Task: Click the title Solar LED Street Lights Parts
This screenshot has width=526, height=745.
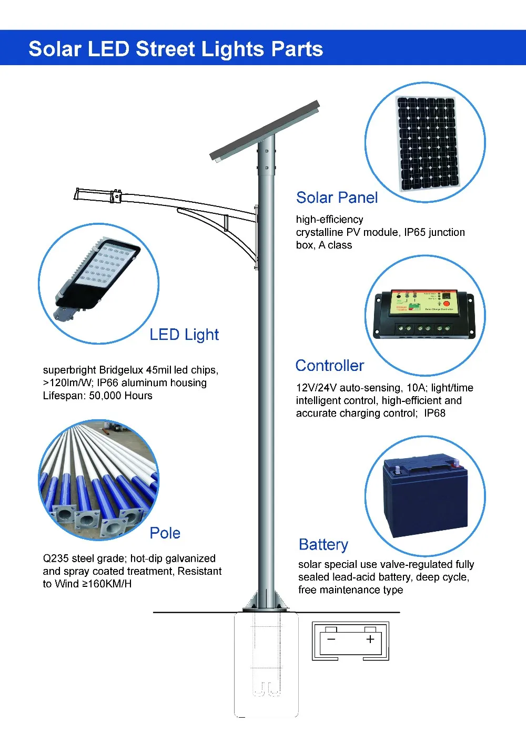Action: [176, 49]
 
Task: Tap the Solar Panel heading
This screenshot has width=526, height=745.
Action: [337, 198]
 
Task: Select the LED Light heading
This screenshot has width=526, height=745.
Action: [184, 335]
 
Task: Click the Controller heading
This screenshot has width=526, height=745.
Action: [330, 366]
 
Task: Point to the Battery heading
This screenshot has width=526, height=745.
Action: [323, 544]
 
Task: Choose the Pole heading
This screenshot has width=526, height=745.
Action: [165, 533]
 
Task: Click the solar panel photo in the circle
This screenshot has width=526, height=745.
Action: [427, 143]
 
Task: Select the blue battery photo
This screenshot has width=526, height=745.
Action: [425, 496]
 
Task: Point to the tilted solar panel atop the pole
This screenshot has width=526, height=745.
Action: [265, 130]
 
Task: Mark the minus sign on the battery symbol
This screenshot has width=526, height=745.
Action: [331, 639]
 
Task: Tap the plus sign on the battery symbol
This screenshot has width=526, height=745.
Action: [370, 639]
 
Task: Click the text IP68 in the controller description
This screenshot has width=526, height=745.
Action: [434, 413]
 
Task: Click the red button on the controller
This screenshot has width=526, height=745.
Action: [447, 304]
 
